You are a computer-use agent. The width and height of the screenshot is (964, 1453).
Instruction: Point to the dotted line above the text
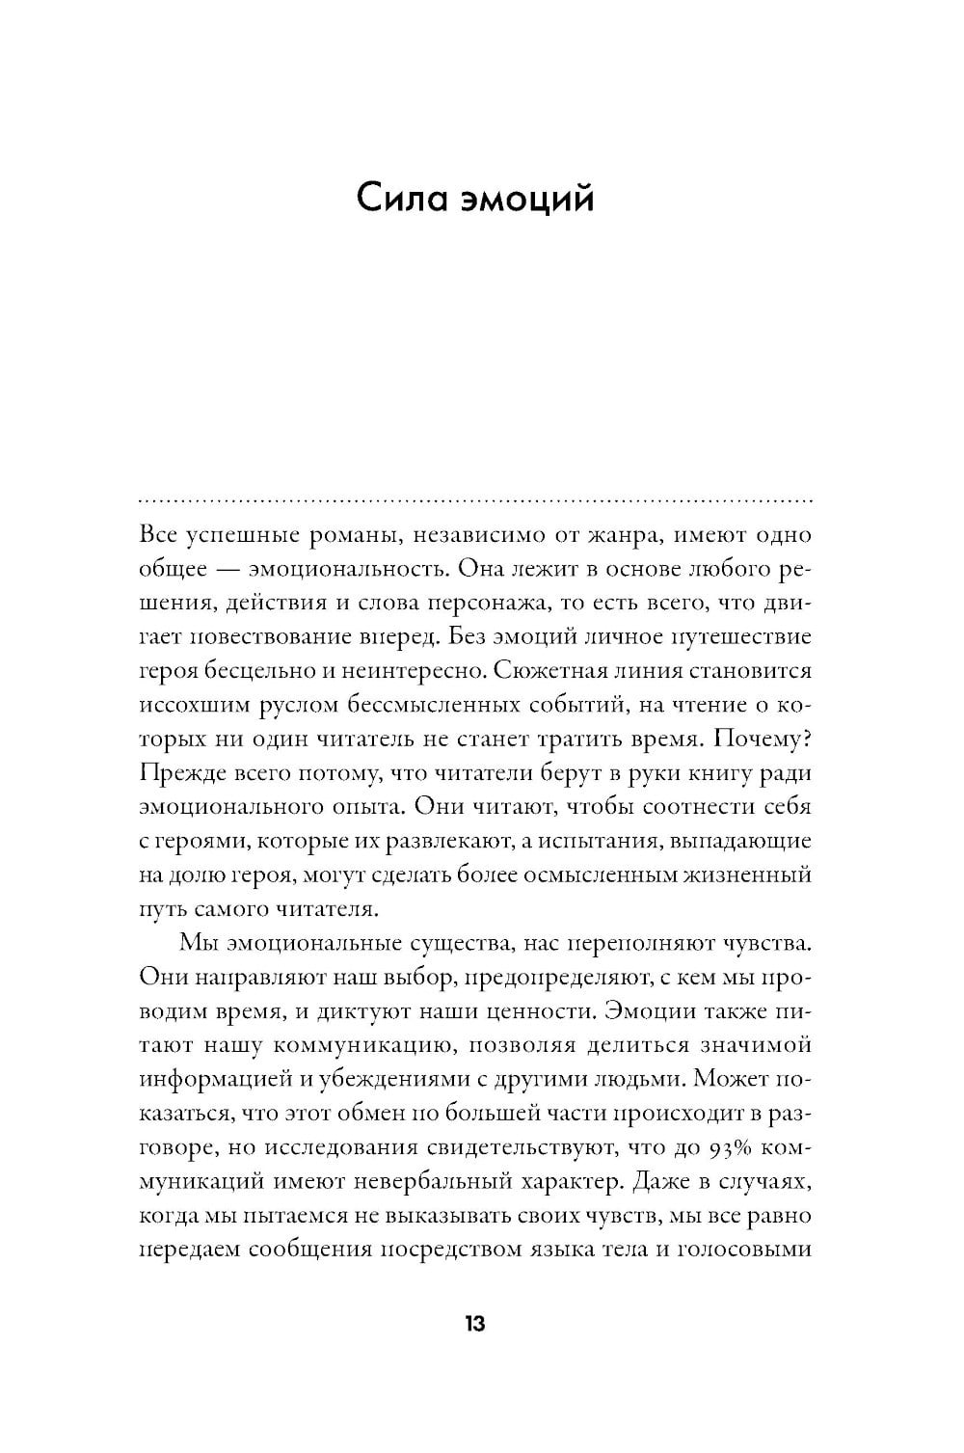476,502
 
